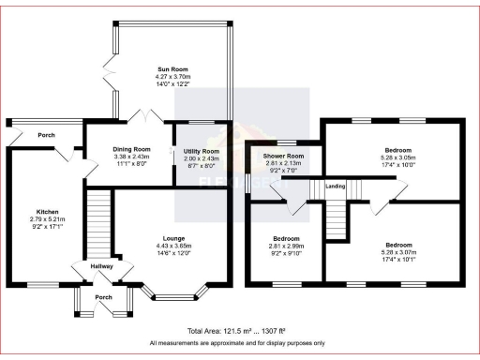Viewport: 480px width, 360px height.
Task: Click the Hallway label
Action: [x=101, y=266]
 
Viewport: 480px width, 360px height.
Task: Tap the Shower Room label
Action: [x=284, y=156]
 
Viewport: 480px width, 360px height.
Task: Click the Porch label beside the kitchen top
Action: [x=46, y=134]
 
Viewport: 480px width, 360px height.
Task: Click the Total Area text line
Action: [x=240, y=332]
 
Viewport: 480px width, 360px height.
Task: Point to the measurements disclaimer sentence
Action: [x=240, y=343]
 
